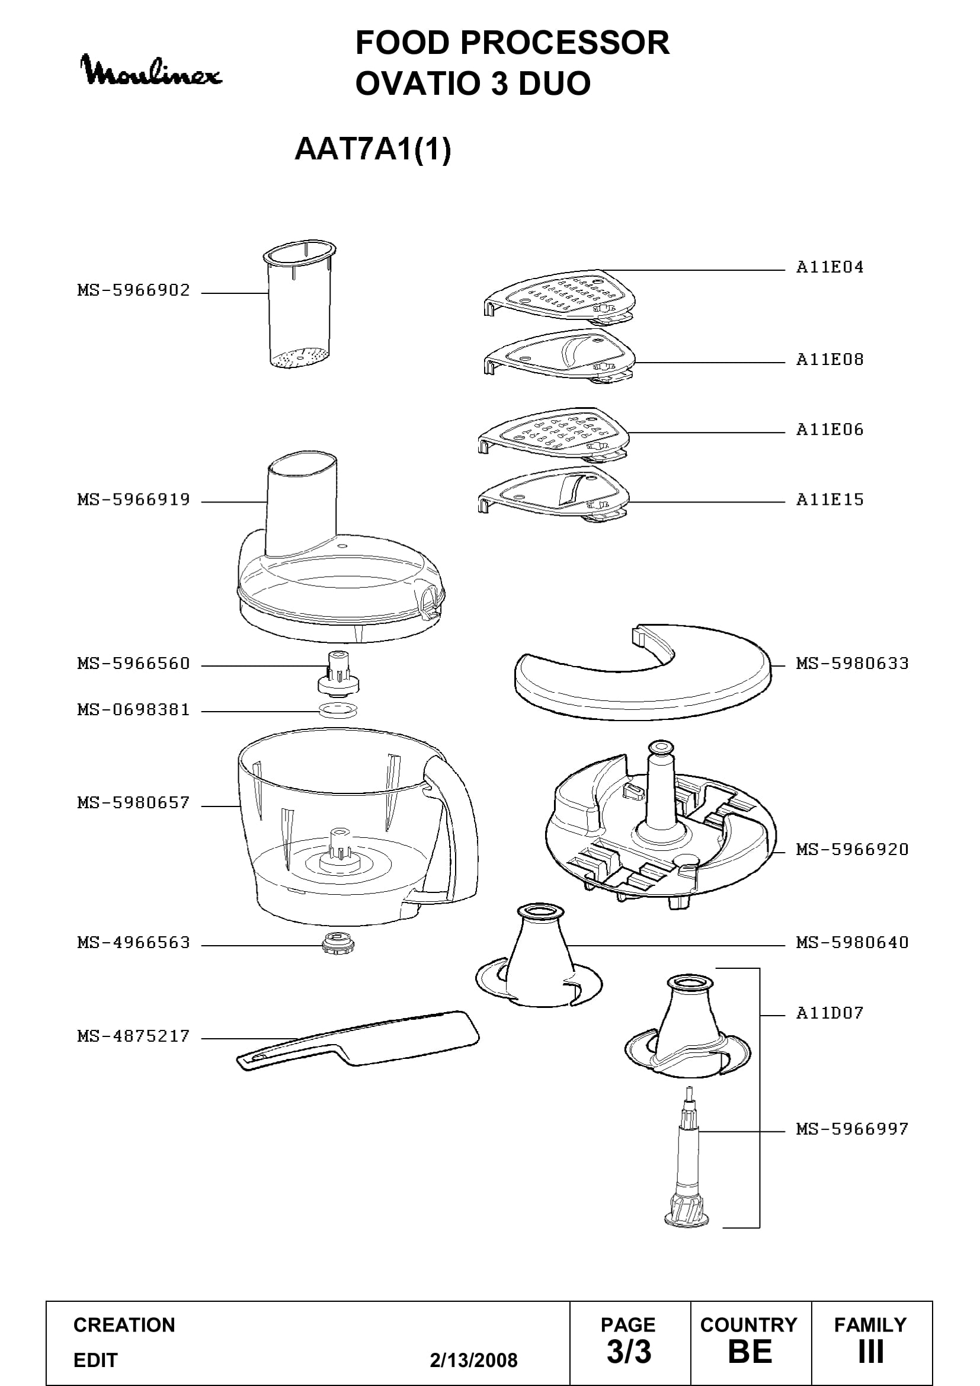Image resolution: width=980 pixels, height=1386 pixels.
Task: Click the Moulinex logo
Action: (152, 71)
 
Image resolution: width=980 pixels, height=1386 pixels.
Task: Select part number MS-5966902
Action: (133, 290)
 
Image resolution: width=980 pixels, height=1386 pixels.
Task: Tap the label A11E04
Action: (830, 267)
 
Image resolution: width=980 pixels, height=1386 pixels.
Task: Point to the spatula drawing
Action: (358, 1041)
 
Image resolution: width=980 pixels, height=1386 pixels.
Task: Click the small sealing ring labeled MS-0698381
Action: (338, 709)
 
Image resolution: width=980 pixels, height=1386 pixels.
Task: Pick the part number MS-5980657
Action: (133, 803)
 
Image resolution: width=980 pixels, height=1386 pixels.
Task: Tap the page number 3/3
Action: (629, 1352)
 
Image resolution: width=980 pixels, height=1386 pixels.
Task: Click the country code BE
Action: (750, 1352)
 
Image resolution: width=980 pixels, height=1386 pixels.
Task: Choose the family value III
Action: (871, 1352)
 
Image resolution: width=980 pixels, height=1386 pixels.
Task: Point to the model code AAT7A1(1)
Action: (373, 149)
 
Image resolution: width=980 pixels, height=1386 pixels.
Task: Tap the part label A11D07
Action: (830, 1012)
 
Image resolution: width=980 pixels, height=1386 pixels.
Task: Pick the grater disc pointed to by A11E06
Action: (554, 436)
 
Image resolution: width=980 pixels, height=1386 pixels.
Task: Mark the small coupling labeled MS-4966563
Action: (337, 942)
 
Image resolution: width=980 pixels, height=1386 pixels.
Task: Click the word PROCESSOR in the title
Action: (565, 43)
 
